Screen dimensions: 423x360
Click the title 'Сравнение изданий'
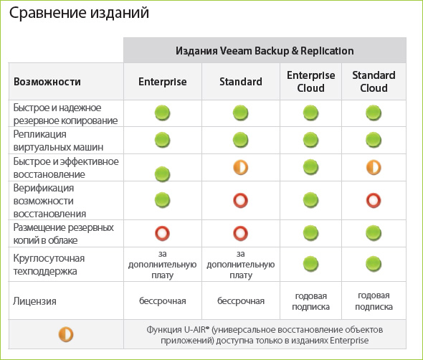pyautogui.click(x=79, y=13)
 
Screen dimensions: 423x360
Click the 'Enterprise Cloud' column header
pyautogui.click(x=310, y=82)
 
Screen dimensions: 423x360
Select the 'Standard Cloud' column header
pyautogui.click(x=374, y=82)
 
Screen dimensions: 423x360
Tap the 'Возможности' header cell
pyautogui.click(x=47, y=82)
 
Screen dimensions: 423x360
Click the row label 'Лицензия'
pyautogui.click(x=34, y=301)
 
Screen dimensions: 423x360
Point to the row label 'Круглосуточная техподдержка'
pyautogui.click(x=49, y=265)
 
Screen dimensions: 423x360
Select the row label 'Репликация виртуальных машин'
pyautogui.click(x=58, y=141)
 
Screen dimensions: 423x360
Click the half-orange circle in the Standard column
pyautogui.click(x=240, y=167)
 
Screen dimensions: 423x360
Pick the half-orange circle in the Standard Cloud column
pyautogui.click(x=374, y=167)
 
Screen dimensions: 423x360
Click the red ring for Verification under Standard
pyautogui.click(x=240, y=201)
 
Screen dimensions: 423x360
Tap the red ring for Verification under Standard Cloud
pyautogui.click(x=374, y=201)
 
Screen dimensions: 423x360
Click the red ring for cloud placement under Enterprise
pyautogui.click(x=162, y=234)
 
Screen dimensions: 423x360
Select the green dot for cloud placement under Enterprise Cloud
pyautogui.click(x=310, y=233)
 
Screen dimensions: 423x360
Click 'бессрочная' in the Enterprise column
pyautogui.click(x=163, y=301)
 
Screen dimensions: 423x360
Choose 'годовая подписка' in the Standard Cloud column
pyautogui.click(x=374, y=301)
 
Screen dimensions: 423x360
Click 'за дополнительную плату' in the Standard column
pyautogui.click(x=241, y=265)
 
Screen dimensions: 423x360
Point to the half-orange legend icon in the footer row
pyautogui.click(x=66, y=334)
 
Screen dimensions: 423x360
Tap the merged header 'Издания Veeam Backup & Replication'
pyautogui.click(x=265, y=51)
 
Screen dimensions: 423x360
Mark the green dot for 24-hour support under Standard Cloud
pyautogui.click(x=374, y=264)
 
